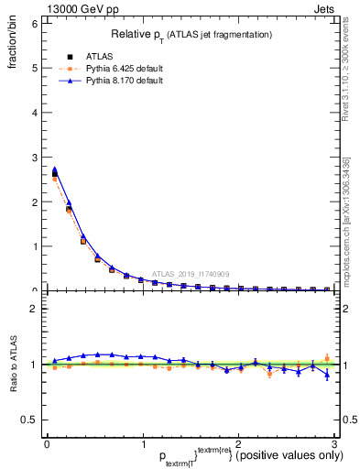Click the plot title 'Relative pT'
pyautogui.click(x=191, y=34)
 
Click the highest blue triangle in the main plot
pyautogui.click(x=54, y=169)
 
